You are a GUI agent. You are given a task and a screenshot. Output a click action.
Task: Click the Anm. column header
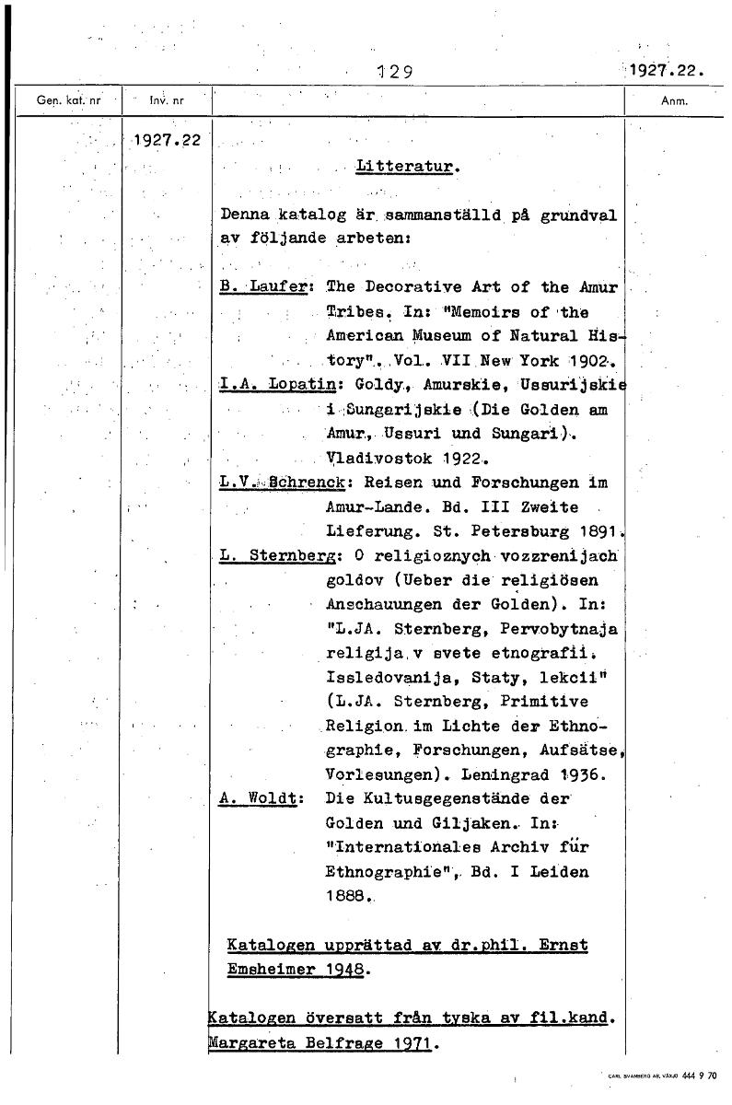676,101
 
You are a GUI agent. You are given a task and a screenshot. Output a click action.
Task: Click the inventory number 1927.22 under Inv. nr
168,142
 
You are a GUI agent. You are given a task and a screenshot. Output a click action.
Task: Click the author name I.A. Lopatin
268,384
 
